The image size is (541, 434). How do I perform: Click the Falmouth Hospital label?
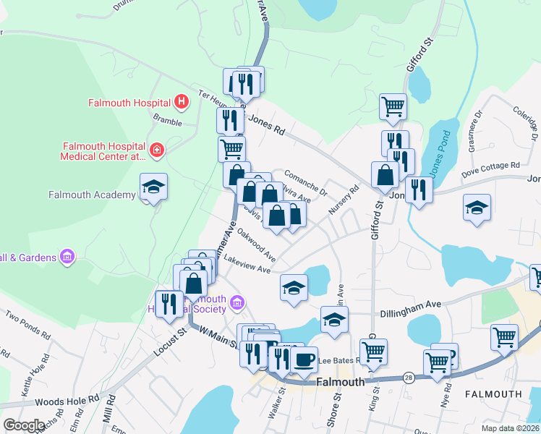coord(129,103)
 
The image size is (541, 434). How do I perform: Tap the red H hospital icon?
coord(182,103)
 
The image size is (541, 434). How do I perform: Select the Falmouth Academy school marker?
coord(153,187)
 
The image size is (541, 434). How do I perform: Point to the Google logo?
coord(24,425)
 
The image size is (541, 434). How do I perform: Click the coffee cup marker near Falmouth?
coord(304,359)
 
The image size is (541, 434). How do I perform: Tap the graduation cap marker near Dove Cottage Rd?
coord(477,208)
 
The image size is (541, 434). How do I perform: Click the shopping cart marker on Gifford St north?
coord(393,106)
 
